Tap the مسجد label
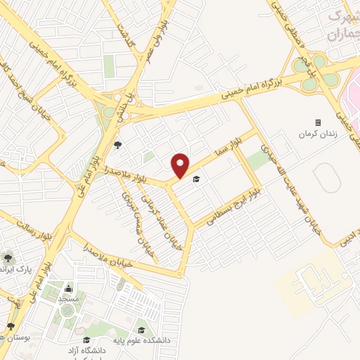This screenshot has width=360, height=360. point(69,299)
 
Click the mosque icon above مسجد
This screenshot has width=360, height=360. point(69,288)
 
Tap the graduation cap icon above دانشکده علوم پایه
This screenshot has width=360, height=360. point(141,330)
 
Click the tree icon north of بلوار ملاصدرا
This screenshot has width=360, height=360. point(118,146)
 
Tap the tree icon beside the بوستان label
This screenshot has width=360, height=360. point(11,326)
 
